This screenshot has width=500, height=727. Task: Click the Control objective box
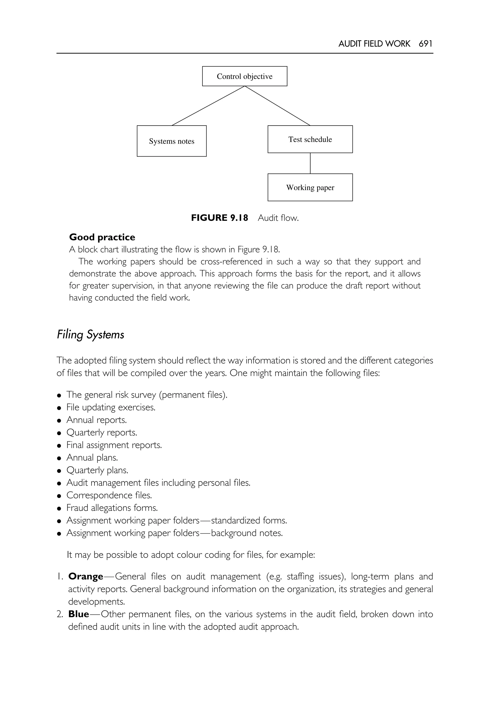244,76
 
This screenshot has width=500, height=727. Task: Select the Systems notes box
171,141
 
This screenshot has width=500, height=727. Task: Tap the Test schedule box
310,139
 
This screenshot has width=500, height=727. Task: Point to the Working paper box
310,187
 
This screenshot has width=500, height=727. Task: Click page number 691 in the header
426,43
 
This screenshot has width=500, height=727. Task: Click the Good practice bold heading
102,237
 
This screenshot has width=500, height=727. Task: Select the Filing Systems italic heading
91,334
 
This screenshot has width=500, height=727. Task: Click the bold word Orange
86,577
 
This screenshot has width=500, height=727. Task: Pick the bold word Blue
79,614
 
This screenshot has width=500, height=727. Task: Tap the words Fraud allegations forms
112,508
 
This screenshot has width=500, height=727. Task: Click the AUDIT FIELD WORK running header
374,43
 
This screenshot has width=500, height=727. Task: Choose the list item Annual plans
92,458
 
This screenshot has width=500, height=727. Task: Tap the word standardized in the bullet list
236,520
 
